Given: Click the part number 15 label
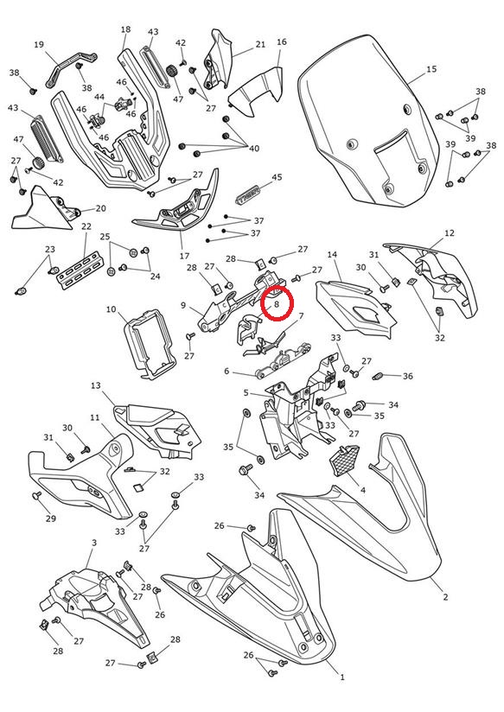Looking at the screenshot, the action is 431,69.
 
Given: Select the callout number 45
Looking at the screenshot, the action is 277,177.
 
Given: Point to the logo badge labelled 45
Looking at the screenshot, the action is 249,194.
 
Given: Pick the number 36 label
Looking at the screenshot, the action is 408,376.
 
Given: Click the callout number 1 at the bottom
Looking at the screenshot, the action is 342,677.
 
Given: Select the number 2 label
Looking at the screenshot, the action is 445,597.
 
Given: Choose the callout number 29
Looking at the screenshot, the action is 50,518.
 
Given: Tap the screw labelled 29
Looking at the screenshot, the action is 37,496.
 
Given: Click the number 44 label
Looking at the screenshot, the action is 99,97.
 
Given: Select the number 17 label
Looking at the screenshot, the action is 184,256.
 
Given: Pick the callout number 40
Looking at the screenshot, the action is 254,149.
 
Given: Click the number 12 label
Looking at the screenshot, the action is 449,233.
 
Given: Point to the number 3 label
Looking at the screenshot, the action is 94,543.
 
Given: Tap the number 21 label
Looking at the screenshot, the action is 260,45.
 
